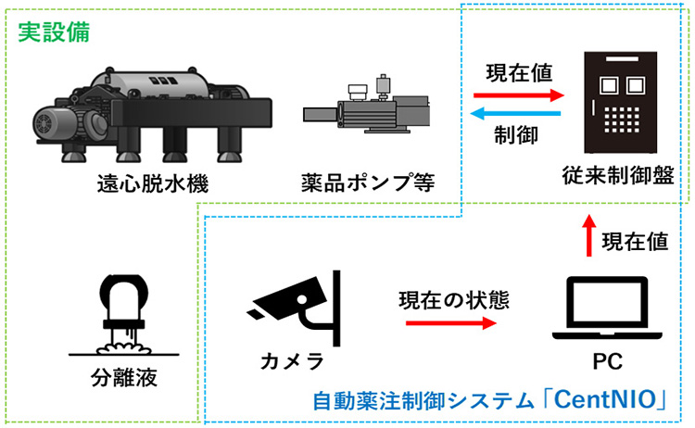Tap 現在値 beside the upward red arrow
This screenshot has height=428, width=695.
[635, 241]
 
